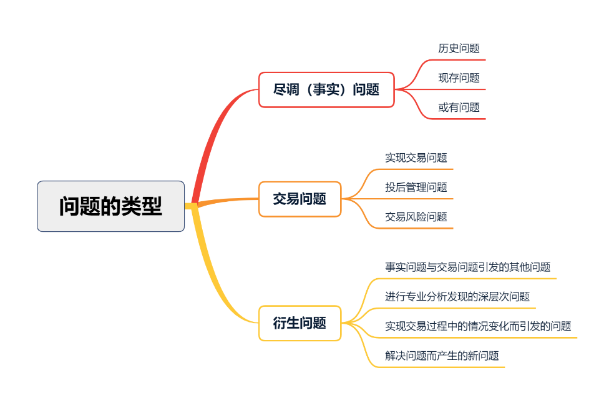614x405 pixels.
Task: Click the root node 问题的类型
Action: click(111, 206)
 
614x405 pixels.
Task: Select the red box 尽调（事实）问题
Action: click(326, 89)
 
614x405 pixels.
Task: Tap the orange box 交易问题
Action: click(300, 199)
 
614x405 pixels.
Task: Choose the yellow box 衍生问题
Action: click(300, 323)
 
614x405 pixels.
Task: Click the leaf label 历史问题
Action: click(459, 48)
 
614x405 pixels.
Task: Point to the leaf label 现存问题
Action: click(459, 78)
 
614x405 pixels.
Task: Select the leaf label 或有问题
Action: click(459, 107)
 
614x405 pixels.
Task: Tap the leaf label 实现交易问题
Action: click(416, 158)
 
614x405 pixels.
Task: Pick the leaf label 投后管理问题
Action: click(416, 187)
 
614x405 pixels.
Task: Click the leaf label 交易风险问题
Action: click(416, 217)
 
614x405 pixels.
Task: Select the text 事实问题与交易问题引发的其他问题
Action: click(467, 267)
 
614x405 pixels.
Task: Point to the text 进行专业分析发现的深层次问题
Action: click(457, 297)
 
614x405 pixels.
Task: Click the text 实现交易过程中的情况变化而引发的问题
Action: click(477, 326)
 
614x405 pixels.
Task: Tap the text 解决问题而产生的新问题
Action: click(442, 356)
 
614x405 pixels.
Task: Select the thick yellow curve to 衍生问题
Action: click(215, 275)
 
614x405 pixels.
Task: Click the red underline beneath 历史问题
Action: click(462, 60)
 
